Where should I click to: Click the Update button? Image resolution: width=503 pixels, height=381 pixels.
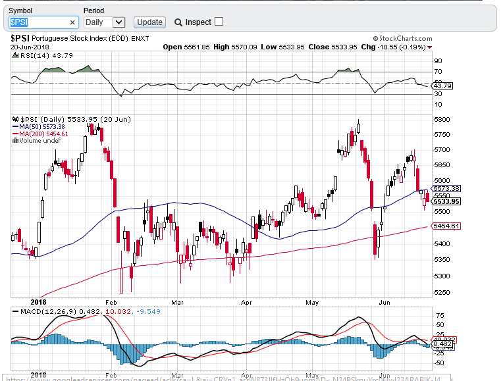click(x=149, y=22)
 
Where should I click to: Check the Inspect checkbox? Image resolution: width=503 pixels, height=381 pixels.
click(x=219, y=21)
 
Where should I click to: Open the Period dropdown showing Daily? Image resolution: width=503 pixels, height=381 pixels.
click(x=105, y=22)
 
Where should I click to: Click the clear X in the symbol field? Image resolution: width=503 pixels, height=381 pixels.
click(x=72, y=22)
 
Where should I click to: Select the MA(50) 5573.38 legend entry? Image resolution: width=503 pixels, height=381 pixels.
click(x=43, y=126)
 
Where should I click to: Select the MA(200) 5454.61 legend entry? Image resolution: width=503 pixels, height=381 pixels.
click(x=45, y=134)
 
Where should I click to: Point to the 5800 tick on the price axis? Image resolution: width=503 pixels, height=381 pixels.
click(x=442, y=119)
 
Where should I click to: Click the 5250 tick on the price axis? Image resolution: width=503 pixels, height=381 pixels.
click(x=442, y=293)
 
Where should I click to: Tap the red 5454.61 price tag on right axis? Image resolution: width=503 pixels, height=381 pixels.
click(x=446, y=226)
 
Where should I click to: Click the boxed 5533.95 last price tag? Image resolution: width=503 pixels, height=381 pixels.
click(x=446, y=201)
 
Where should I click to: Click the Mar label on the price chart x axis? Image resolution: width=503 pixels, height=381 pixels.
click(x=176, y=303)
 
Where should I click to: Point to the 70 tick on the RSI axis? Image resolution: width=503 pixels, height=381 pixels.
click(x=437, y=71)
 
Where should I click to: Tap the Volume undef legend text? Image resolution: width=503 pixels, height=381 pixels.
click(x=40, y=140)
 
